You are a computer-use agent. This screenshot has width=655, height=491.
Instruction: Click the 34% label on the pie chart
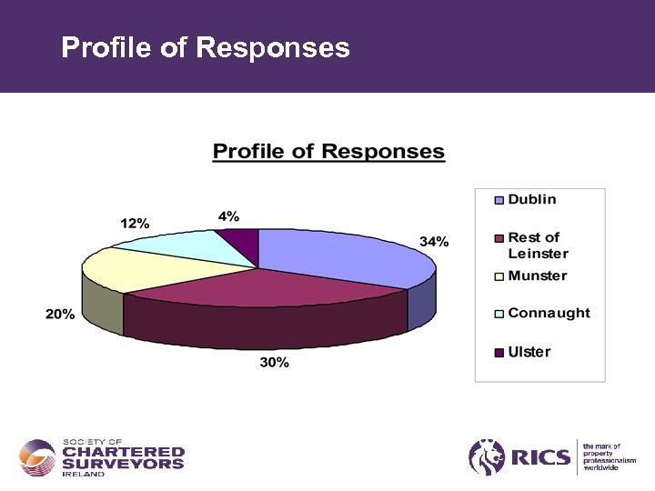click(x=433, y=242)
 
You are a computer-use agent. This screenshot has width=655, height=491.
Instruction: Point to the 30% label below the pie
click(x=275, y=363)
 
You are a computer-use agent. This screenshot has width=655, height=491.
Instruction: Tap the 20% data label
click(x=60, y=314)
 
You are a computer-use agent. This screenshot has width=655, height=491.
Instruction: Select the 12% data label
click(x=136, y=223)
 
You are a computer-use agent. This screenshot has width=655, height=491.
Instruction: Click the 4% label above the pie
click(x=228, y=216)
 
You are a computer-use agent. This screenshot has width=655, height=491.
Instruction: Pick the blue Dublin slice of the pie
click(x=337, y=255)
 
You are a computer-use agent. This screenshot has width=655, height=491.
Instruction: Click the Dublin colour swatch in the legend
click(x=499, y=200)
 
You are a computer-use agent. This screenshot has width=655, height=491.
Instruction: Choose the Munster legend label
click(x=537, y=276)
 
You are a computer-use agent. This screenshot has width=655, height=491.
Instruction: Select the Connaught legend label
click(x=549, y=313)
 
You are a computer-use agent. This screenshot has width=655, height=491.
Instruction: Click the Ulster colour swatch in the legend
click(x=499, y=353)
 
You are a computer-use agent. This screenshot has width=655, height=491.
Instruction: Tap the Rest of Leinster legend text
click(x=538, y=245)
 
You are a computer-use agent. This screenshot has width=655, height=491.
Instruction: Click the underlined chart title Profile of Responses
click(x=328, y=152)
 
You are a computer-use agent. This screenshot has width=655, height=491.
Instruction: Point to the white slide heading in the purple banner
click(x=205, y=47)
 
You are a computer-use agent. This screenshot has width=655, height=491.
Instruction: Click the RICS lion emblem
click(x=487, y=456)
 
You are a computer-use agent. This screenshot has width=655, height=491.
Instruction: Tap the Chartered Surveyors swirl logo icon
click(x=37, y=456)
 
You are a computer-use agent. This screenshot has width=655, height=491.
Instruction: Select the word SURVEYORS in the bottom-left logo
click(x=123, y=464)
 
